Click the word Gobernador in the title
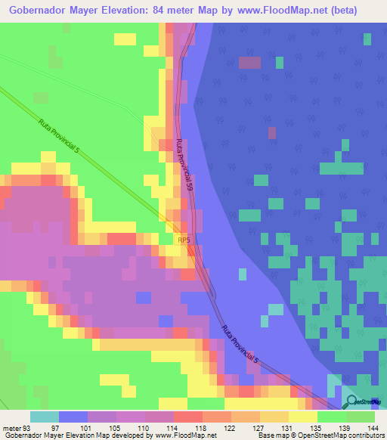tap(40, 10)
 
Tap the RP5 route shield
tap(184, 240)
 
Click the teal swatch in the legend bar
tap(45, 417)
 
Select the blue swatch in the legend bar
tap(73, 417)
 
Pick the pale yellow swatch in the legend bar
tap(303, 417)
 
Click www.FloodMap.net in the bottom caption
tap(185, 435)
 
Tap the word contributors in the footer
tap(364, 435)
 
